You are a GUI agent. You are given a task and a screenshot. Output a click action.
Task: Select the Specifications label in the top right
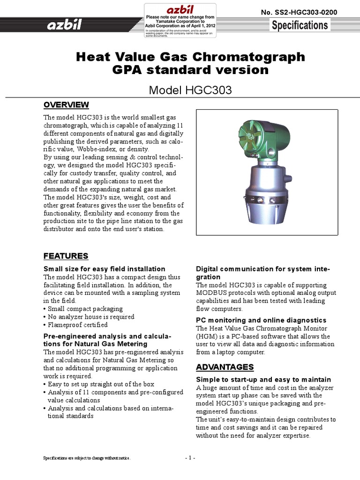pos(300,25)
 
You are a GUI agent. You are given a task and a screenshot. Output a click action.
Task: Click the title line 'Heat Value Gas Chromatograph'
pos(190,57)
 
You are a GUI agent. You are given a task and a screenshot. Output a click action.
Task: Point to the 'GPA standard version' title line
pos(190,70)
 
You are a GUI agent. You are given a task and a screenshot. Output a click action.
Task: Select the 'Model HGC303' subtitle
pos(190,90)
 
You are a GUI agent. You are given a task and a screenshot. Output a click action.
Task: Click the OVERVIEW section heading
pos(66,104)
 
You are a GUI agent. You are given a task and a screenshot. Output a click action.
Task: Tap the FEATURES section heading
pos(66,256)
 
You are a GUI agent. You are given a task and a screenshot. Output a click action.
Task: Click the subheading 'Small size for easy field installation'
pos(104,269)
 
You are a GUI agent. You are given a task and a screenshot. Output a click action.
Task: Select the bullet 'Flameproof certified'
pos(77,325)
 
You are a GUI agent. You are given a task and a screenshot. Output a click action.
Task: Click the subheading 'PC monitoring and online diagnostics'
pos(261,320)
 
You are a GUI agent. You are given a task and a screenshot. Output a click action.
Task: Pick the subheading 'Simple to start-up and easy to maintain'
pos(263,379)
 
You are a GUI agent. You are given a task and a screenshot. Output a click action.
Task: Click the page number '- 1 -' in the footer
pos(190,458)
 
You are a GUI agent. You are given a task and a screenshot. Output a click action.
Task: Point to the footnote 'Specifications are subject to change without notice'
pos(87,458)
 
